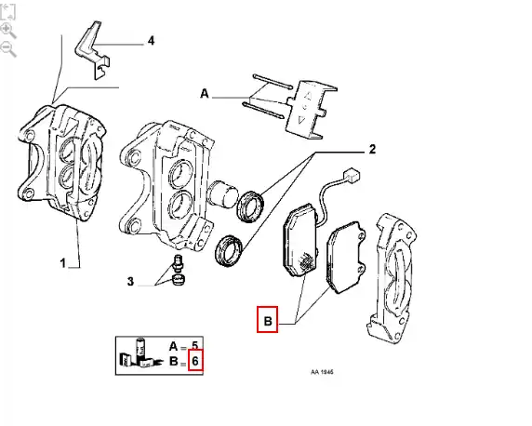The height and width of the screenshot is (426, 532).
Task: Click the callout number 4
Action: (x=151, y=41)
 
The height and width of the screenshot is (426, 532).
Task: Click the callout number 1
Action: (x=62, y=263)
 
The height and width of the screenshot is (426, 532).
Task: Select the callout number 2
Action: (x=372, y=150)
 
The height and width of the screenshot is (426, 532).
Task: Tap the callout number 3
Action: (x=130, y=282)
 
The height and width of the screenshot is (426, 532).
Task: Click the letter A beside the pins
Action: (x=205, y=93)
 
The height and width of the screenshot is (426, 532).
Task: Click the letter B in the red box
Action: (x=268, y=321)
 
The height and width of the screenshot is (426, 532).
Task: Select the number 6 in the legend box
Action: (x=194, y=361)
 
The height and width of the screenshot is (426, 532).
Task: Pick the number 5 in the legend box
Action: (x=194, y=346)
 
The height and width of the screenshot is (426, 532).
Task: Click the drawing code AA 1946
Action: (x=322, y=372)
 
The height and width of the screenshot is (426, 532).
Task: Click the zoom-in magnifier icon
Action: (x=8, y=31)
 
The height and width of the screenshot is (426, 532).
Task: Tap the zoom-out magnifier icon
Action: (x=8, y=49)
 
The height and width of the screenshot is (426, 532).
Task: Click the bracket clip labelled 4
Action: (x=93, y=50)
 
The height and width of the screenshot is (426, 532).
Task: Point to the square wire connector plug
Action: (x=352, y=176)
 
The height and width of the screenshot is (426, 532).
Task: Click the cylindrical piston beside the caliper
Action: (x=222, y=193)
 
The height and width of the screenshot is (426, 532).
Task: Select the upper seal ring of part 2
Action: (x=251, y=206)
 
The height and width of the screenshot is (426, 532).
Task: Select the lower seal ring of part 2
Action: (x=230, y=250)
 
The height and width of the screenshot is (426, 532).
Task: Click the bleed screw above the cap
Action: (x=178, y=263)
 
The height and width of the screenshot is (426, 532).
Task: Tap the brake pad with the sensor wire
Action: (x=300, y=240)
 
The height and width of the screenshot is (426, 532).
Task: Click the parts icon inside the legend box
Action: (x=140, y=353)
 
